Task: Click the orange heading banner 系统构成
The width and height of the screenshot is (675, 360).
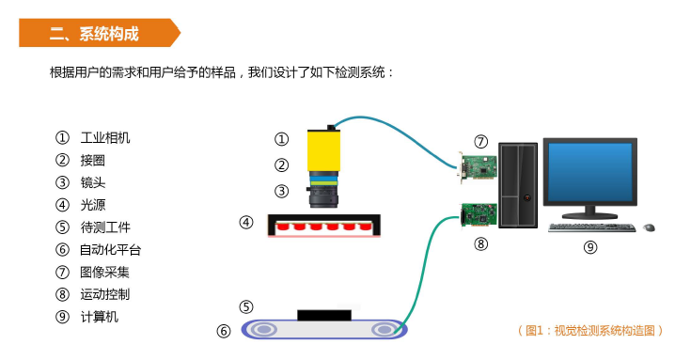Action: [99, 33]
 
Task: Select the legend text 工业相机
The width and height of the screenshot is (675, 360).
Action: [105, 138]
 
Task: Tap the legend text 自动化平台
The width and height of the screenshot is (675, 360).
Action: [111, 250]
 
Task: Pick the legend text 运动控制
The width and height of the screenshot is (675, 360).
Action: [105, 294]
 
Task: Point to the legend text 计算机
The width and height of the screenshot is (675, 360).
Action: [99, 317]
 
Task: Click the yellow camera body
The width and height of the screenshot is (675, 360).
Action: [323, 149]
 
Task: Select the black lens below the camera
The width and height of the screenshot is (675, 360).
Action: [323, 197]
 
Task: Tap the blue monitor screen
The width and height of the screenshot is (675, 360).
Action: [589, 172]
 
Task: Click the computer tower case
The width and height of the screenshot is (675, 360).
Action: [518, 185]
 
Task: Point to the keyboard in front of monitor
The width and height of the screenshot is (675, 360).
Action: [592, 227]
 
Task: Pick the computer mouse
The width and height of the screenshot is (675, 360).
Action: [649, 227]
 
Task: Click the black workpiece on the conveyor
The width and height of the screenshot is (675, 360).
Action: [324, 315]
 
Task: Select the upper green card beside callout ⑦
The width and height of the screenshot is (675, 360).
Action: [478, 166]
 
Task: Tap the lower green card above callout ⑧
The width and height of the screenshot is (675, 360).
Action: [479, 214]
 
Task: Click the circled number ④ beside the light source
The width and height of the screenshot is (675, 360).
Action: [246, 222]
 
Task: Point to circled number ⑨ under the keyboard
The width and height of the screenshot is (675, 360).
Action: [590, 247]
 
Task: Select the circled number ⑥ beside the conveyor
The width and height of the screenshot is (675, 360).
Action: [224, 331]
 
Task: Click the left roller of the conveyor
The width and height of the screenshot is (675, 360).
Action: [264, 330]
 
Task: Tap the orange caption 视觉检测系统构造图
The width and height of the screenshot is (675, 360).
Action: [604, 331]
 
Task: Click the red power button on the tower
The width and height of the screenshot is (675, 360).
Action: [527, 198]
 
